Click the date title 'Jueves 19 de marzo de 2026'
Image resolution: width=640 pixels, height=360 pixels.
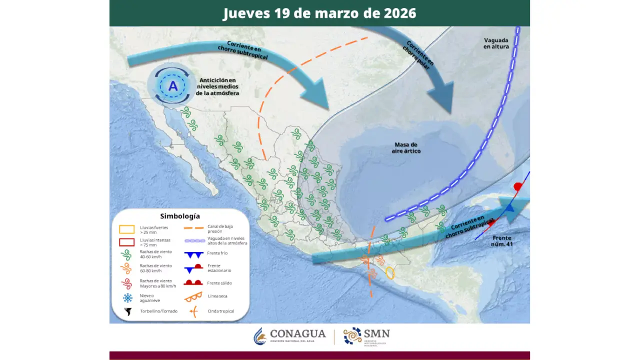(319, 13)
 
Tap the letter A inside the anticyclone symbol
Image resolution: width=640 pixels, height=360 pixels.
(172, 86)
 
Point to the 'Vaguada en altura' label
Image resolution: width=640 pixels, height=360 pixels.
(496, 43)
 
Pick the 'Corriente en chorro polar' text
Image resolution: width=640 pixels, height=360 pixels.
(419, 55)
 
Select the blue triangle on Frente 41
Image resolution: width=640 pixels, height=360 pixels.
(509, 208)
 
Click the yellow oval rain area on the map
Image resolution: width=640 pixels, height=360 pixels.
(390, 273)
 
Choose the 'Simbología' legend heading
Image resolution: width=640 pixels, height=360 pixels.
(180, 216)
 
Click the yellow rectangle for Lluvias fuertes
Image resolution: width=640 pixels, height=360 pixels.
(127, 229)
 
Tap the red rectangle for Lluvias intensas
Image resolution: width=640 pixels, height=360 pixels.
(127, 242)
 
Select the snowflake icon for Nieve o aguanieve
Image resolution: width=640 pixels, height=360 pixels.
(128, 297)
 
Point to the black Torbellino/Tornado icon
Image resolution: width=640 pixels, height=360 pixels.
(128, 311)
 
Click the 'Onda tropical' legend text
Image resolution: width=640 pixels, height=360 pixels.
(220, 311)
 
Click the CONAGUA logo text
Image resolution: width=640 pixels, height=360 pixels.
(297, 334)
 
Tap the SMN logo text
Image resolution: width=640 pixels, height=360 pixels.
(377, 333)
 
